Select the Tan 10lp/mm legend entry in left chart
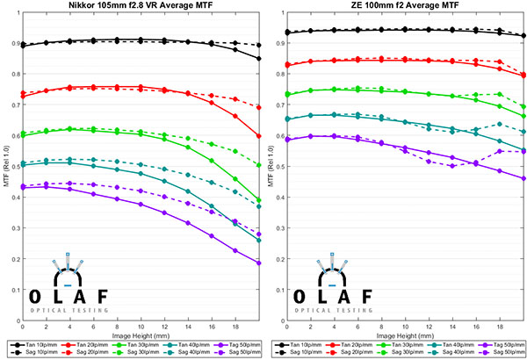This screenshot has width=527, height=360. tap(32, 344)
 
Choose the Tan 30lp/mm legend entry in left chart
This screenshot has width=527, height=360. tap(130, 344)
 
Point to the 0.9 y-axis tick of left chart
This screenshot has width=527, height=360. tap(13, 43)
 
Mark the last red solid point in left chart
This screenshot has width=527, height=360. tap(259, 136)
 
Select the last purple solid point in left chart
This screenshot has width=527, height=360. tap(259, 263)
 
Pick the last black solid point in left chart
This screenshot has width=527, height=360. tap(259, 59)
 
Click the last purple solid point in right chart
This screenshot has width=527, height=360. tap(523, 178)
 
